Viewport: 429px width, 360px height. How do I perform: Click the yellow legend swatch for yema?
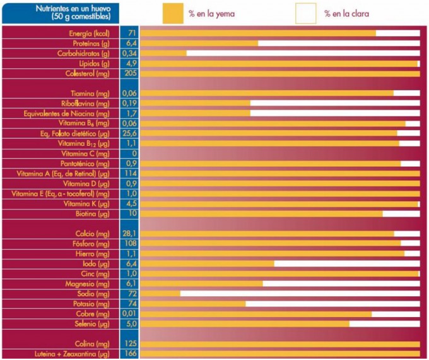click(173, 13)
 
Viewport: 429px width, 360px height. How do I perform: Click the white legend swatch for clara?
click(306, 13)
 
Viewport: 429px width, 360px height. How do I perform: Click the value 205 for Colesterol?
click(130, 73)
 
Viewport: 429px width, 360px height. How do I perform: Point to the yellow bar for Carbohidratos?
click(163, 53)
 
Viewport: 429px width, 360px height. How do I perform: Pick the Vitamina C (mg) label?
click(86, 153)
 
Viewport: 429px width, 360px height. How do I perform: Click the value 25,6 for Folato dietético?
click(130, 133)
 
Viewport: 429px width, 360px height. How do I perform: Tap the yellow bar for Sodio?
click(160, 294)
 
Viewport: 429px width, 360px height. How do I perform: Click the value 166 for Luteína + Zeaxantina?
click(130, 354)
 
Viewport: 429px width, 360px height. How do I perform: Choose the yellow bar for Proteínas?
click(199, 43)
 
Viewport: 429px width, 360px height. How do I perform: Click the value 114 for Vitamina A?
click(130, 174)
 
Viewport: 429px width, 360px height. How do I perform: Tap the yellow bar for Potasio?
click(193, 304)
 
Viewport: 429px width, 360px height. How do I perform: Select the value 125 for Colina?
click(130, 344)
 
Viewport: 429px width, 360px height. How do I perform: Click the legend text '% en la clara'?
click(346, 13)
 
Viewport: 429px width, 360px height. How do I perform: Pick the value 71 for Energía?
click(130, 33)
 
